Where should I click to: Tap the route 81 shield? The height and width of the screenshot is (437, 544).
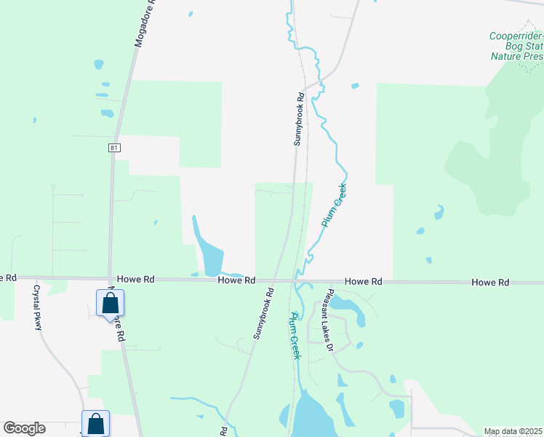114,147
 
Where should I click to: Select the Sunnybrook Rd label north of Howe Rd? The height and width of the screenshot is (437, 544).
298,119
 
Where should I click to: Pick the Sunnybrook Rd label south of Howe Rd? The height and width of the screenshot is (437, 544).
263,312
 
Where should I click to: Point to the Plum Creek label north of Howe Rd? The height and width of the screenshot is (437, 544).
335,206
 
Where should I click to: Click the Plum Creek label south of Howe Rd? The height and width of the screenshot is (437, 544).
295,335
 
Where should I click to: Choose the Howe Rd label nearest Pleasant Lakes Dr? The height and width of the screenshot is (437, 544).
364,281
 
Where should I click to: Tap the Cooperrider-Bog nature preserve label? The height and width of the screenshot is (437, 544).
516,45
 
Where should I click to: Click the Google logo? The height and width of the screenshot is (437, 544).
24,428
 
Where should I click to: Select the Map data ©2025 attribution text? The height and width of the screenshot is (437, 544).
513,431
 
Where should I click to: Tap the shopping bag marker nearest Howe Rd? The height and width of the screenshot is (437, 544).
111,303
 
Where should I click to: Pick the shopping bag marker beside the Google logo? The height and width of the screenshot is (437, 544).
96,423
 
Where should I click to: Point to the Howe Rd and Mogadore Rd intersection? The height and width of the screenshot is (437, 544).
109,278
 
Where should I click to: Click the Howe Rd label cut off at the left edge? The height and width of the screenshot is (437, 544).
7,277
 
